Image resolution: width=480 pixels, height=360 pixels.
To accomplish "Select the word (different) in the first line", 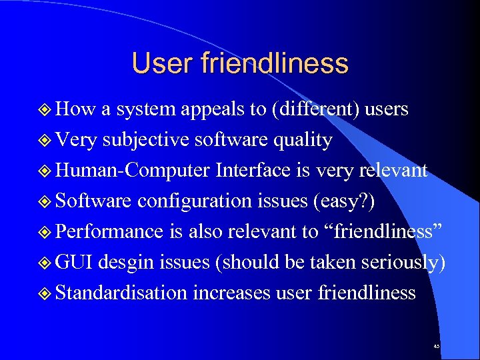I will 313,109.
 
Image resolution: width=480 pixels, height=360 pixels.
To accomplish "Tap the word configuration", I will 203,201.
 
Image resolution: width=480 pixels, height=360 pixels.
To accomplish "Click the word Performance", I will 109,231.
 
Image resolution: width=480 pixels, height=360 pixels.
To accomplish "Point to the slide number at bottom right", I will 436,347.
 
